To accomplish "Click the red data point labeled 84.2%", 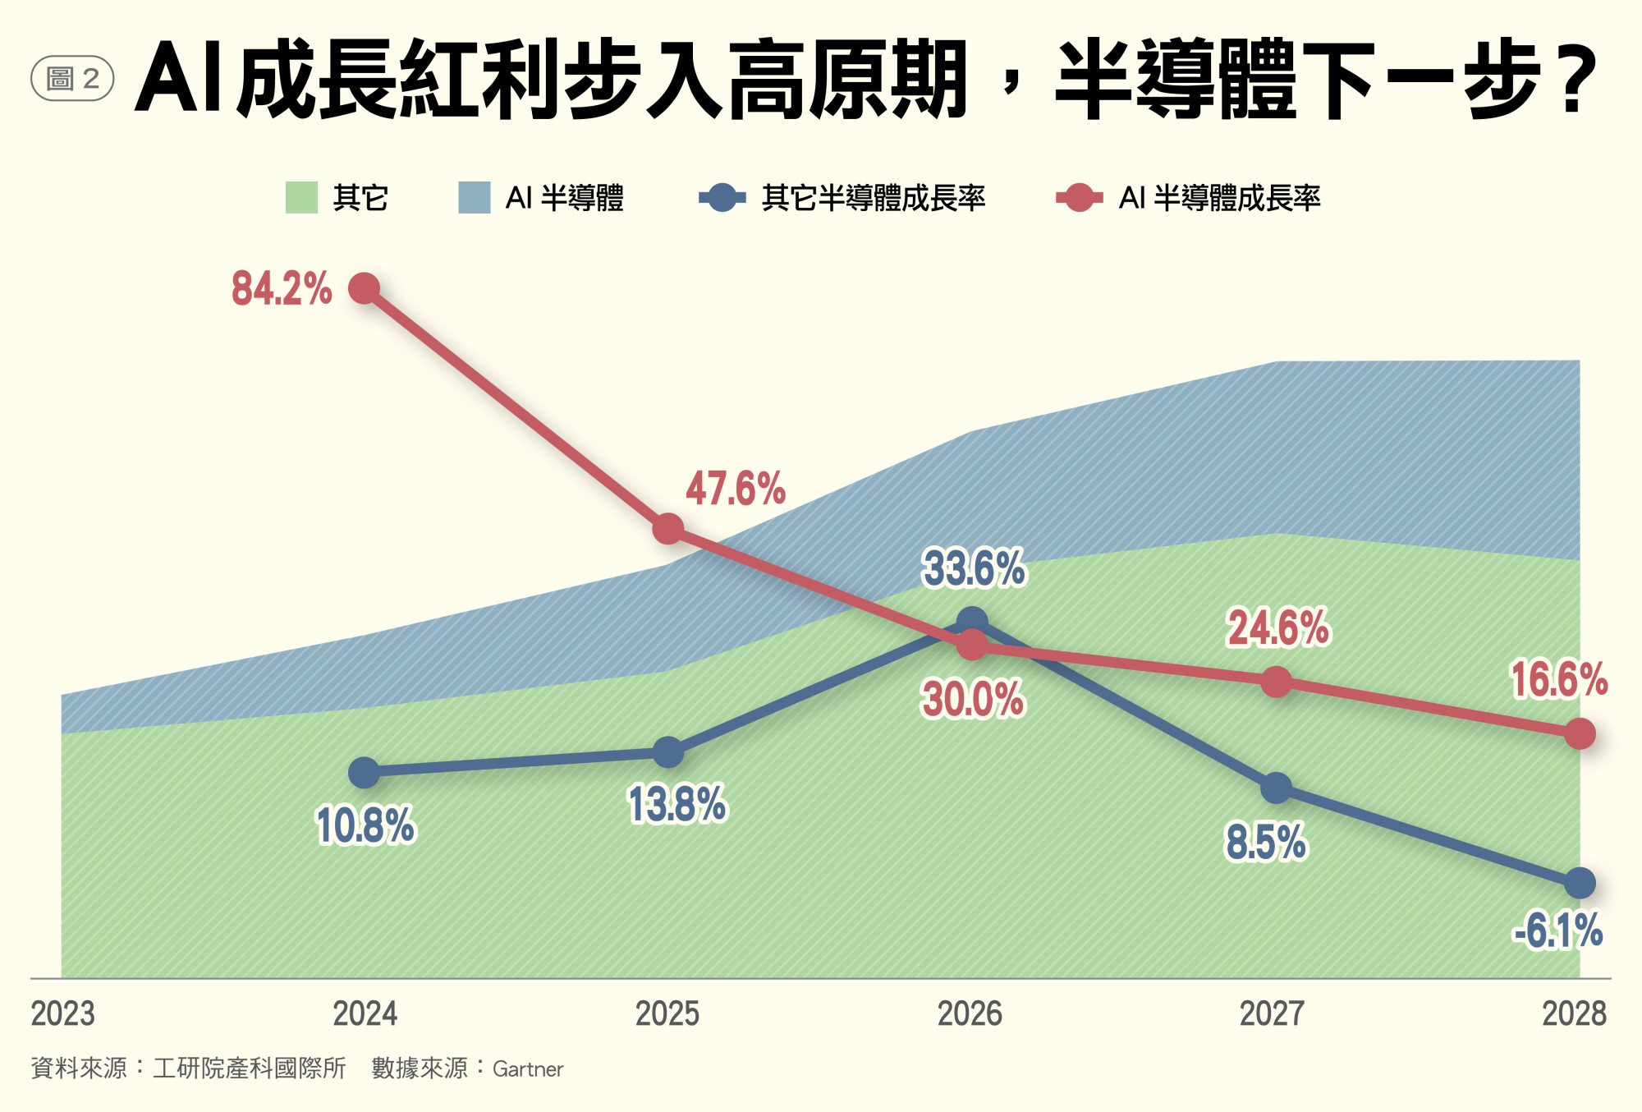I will tap(364, 288).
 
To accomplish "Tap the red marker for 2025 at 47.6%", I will tap(667, 529).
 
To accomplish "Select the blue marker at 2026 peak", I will tap(972, 622).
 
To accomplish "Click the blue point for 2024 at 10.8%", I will tap(364, 772).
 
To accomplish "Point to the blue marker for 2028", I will tap(1580, 884).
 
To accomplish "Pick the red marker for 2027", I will tap(1276, 682).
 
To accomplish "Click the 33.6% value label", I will tap(974, 568).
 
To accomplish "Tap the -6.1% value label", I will tap(1557, 930).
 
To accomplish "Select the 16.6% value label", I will tap(1559, 680).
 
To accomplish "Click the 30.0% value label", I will tap(973, 700).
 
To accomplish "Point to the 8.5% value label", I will tap(1265, 843).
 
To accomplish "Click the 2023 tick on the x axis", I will tap(63, 1013).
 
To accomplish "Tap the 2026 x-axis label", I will tap(970, 1013).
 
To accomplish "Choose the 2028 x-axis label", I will tap(1574, 1013).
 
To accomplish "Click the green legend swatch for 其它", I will tap(301, 198).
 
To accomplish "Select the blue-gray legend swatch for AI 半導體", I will tap(475, 198).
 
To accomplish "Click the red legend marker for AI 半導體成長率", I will tap(1079, 198).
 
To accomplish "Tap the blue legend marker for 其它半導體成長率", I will tap(722, 198).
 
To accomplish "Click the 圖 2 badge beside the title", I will tap(72, 79).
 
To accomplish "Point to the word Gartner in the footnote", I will tap(528, 1069).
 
